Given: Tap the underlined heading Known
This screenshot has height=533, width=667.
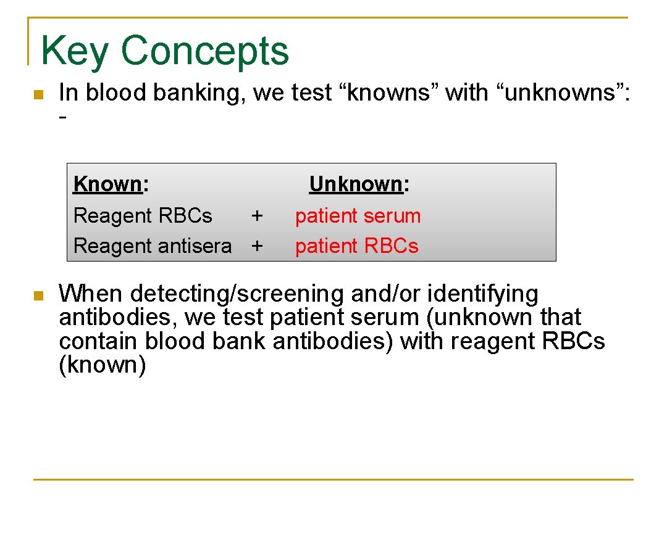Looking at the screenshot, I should tap(108, 184).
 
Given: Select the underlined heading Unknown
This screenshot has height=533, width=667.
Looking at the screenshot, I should tap(356, 184).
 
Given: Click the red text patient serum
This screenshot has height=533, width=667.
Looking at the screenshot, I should tap(358, 216).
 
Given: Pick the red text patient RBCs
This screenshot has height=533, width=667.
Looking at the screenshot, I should tap(356, 246).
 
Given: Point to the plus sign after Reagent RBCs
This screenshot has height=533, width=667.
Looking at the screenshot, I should tap(257, 216).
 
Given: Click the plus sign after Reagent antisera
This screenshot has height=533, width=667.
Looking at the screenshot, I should tap(257, 246).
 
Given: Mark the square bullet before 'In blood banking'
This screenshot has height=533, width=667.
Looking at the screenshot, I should tap(38, 95).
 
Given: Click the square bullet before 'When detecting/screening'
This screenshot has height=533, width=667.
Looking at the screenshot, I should tap(38, 296).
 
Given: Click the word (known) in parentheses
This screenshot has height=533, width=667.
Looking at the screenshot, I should tap(102, 365).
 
